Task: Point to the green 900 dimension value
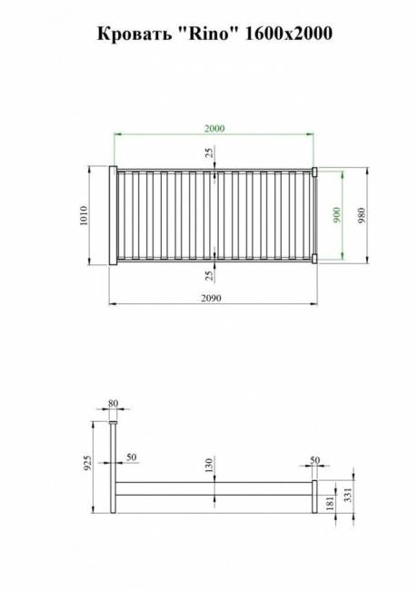(336, 215)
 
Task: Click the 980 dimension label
(362, 216)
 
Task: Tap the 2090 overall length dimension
(212, 298)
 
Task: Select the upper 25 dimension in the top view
(209, 156)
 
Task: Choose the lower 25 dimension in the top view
(209, 275)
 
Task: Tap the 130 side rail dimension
(209, 467)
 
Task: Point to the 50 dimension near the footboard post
(314, 459)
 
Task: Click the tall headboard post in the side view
(113, 472)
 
